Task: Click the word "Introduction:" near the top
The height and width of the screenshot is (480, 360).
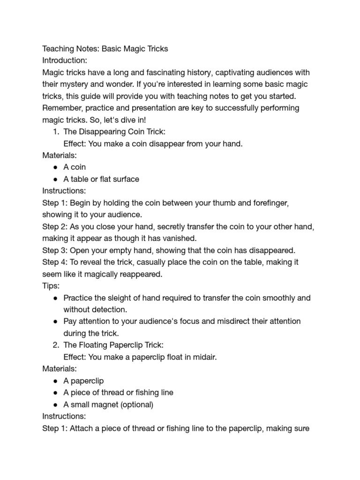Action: tap(65, 60)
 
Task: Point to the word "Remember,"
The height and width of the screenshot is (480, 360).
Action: tap(61, 108)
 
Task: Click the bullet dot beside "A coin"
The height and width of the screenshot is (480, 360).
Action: tap(56, 167)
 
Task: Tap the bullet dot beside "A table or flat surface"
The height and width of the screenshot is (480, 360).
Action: tap(56, 179)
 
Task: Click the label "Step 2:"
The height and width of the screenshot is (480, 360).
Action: tap(55, 226)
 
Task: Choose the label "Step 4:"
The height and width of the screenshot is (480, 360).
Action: tap(55, 262)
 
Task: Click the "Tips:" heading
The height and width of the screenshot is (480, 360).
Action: tap(51, 285)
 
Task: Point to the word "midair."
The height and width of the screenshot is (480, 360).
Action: tap(203, 357)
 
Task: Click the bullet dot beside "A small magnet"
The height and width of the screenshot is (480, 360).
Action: tap(56, 404)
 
